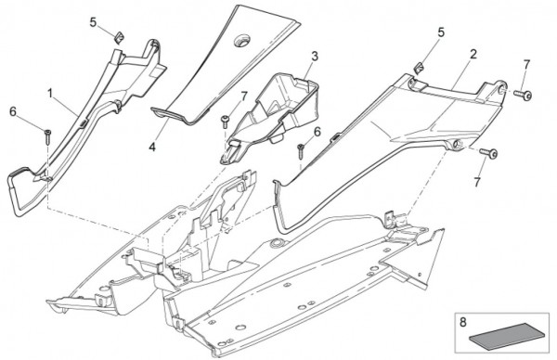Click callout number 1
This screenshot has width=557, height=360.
50,94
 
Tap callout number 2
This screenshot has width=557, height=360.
473,55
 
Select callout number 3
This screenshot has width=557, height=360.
315,57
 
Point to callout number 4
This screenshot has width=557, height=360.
152,147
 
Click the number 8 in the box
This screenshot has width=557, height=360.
462,322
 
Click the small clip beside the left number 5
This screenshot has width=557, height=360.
120,37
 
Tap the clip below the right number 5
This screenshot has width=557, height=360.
419,68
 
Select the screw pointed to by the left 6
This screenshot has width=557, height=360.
47,137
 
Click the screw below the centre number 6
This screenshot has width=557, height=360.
301,151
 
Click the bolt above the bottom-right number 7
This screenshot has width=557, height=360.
489,153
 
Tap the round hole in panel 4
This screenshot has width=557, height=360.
242,40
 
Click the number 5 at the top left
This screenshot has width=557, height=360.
93,23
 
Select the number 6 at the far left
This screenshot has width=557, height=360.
13,112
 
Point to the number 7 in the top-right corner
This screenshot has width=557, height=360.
526,65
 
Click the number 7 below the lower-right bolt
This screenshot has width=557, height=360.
477,182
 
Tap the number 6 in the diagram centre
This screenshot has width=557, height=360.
317,132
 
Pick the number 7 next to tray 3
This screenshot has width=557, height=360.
243,96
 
